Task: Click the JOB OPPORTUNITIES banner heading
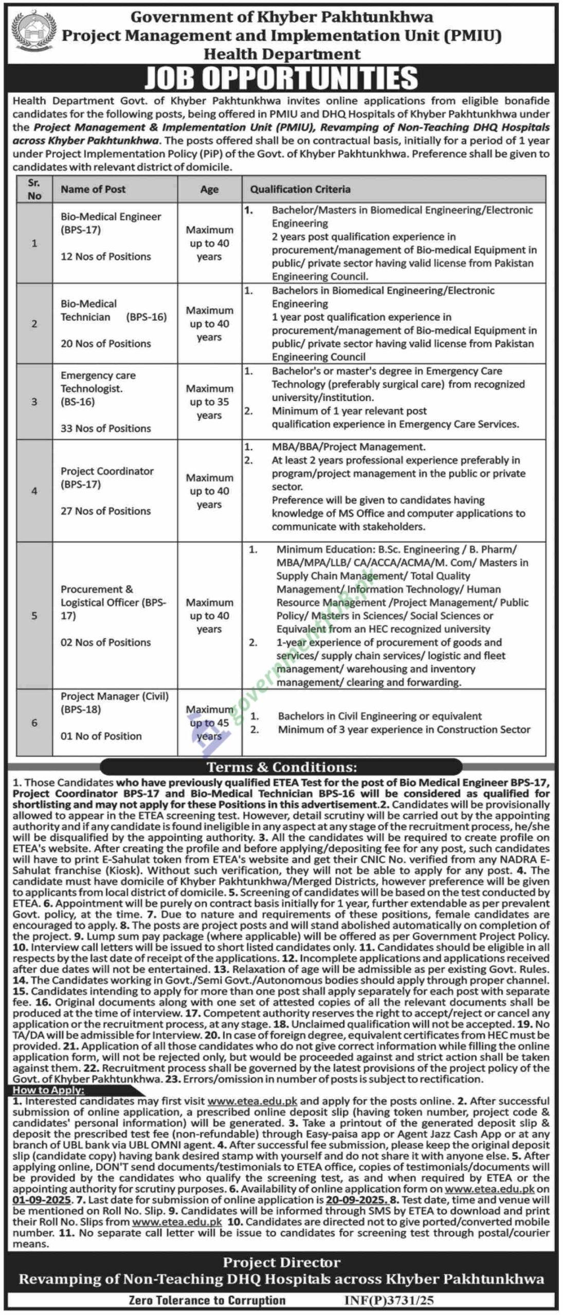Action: coord(281,78)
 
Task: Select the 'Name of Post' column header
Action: coord(93,189)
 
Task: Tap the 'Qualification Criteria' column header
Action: coord(300,189)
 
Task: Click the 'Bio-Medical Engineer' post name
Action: coord(111,217)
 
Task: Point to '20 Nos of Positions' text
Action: coord(106,344)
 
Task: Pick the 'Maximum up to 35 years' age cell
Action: coord(209,402)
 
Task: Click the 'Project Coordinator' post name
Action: coord(107,471)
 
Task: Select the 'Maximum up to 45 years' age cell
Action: coord(209,723)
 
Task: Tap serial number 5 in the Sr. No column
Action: coord(34,615)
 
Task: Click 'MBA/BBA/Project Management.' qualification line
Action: coord(349,447)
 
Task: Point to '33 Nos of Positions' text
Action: coord(106,428)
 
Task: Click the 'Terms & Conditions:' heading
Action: coord(281,767)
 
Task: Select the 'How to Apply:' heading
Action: coord(48,1090)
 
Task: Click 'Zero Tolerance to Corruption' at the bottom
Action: coord(207,1300)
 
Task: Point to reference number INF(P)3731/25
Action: coord(389,1300)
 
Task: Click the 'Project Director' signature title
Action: coord(281,1263)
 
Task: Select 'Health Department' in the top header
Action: coord(282,54)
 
